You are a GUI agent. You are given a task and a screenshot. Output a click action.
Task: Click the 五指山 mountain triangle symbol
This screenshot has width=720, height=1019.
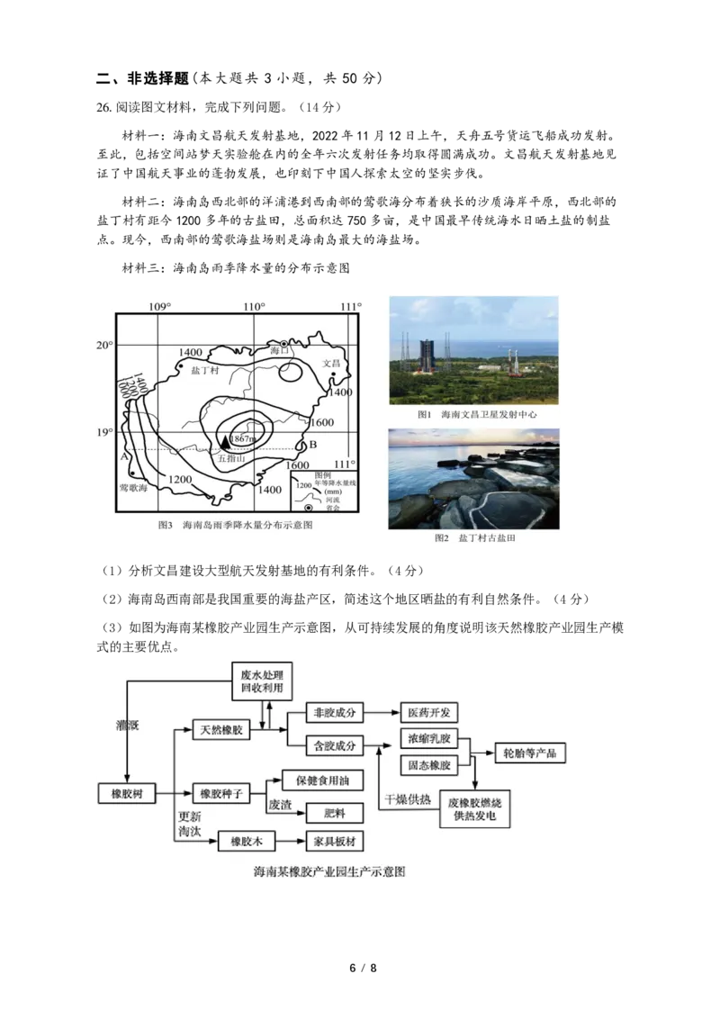tap(225, 440)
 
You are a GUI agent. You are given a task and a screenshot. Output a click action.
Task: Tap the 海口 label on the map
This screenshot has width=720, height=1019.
tap(280, 351)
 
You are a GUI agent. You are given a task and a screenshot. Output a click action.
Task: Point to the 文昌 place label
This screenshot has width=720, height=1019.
tap(333, 364)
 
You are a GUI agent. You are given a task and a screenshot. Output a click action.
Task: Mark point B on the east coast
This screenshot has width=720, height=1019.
tap(312, 445)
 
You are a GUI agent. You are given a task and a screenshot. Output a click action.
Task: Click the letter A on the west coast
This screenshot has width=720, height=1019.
tap(124, 455)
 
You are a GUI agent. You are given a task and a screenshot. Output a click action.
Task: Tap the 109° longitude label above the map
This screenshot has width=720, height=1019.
tap(159, 307)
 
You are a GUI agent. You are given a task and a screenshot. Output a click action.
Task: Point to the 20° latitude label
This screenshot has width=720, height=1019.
tap(105, 345)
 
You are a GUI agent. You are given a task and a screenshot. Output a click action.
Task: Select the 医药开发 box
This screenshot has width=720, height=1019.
tap(427, 713)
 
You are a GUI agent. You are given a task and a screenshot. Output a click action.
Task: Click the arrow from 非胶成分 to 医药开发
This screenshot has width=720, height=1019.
tap(382, 713)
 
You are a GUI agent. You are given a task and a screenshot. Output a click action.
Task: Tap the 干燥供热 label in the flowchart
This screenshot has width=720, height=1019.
tap(407, 799)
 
